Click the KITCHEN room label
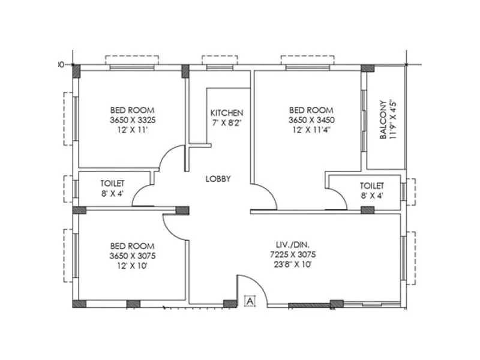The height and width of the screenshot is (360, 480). click(x=227, y=113)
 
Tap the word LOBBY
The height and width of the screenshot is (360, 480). click(x=218, y=179)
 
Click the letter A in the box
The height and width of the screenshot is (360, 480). click(x=251, y=300)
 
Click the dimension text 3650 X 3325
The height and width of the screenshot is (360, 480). click(x=132, y=120)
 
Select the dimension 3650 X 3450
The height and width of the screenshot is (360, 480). click(x=311, y=120)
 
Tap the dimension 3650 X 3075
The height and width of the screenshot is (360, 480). click(x=132, y=256)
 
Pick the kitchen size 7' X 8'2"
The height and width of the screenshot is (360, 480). click(x=227, y=122)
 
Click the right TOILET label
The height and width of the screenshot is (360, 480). click(x=371, y=185)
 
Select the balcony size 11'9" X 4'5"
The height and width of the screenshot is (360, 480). click(x=392, y=119)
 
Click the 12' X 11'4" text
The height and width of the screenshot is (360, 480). click(x=311, y=130)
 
